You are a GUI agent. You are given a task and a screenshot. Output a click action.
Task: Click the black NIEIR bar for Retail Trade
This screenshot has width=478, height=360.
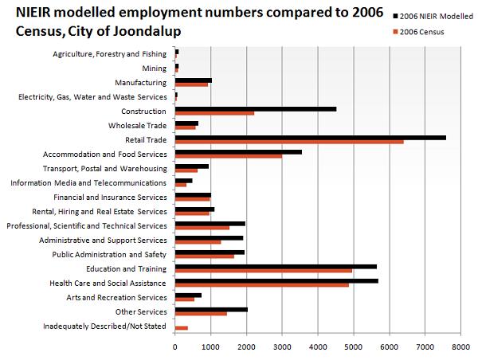click(x=311, y=138)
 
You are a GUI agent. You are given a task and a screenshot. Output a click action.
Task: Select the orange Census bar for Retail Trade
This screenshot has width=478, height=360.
click(x=289, y=142)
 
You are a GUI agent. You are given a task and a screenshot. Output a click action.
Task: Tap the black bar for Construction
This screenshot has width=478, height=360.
click(x=256, y=109)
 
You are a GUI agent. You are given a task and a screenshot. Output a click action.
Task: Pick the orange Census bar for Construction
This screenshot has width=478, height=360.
click(x=214, y=113)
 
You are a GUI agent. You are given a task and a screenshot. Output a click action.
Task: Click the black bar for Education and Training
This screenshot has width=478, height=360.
click(x=276, y=267)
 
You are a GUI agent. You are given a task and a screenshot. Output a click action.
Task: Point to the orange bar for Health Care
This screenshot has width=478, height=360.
click(x=262, y=285)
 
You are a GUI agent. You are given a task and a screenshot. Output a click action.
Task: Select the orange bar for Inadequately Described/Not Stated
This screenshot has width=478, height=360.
click(x=182, y=328)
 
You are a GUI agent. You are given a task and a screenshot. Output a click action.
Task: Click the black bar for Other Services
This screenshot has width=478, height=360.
click(x=211, y=310)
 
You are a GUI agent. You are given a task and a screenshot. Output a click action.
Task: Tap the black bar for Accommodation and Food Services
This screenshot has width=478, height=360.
click(x=238, y=152)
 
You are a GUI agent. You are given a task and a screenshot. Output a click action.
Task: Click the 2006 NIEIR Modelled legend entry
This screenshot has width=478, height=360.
click(x=433, y=17)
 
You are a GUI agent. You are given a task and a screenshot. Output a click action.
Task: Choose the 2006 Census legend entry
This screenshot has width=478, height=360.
click(x=418, y=32)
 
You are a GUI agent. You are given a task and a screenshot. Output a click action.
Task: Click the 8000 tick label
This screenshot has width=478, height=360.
click(x=461, y=347)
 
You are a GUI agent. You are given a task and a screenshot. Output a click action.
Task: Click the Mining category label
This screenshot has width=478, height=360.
click(x=155, y=68)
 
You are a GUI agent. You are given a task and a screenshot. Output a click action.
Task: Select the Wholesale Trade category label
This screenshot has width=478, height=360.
click(x=138, y=126)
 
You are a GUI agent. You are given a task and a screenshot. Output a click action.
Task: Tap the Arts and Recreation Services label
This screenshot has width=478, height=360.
click(x=117, y=298)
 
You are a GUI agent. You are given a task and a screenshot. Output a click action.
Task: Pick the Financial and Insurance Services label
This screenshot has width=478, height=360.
click(x=111, y=198)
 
